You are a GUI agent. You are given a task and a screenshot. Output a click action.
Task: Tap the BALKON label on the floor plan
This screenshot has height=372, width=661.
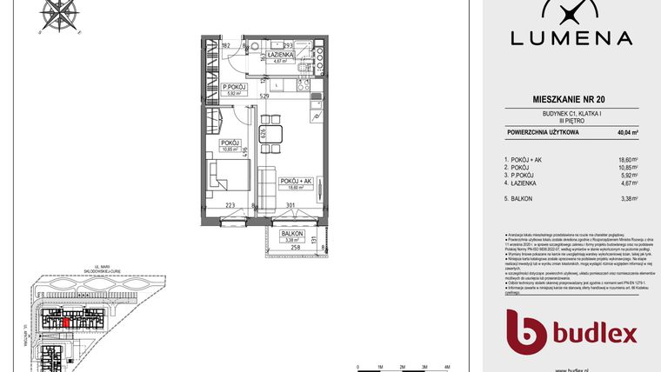pyautogui.click(x=292, y=235)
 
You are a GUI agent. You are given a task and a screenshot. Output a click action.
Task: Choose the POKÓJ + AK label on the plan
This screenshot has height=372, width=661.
pyautogui.click(x=295, y=182)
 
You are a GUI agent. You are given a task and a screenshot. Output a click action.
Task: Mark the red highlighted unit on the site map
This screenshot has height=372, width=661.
pyautogui.click(x=67, y=321)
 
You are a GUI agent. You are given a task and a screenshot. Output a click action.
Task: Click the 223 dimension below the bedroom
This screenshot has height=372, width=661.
pyautogui.click(x=230, y=207)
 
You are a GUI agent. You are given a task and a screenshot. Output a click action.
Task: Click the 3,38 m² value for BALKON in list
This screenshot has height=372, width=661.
pyautogui.click(x=627, y=198)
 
